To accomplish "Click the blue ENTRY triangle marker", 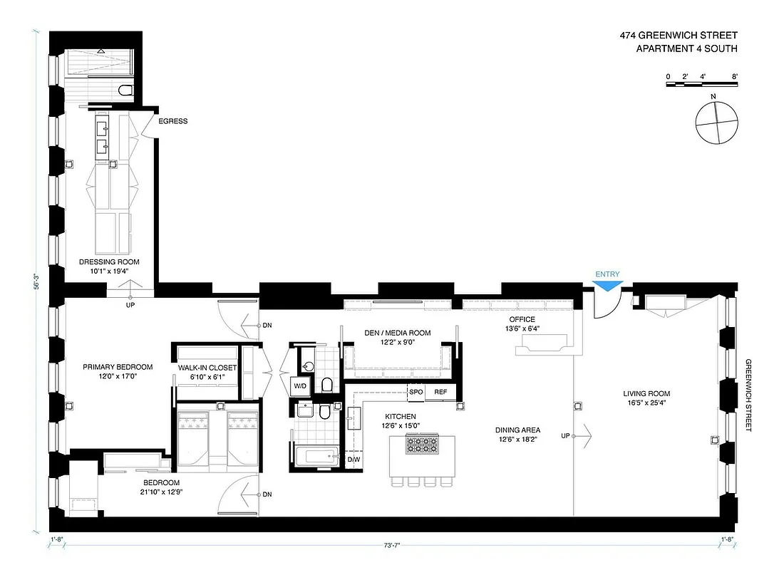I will click(x=608, y=285).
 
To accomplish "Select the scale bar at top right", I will click(x=701, y=85).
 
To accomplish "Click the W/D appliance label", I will click(x=301, y=386).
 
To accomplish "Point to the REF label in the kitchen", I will click(x=440, y=392).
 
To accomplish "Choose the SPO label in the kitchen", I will click(x=416, y=392).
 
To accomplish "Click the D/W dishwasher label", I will click(x=353, y=460).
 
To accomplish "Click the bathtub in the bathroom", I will click(x=316, y=456).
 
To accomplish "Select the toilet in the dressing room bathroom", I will click(x=126, y=90).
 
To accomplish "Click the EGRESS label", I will click(x=173, y=121).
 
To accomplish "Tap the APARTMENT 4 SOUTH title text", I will click(x=686, y=48).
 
